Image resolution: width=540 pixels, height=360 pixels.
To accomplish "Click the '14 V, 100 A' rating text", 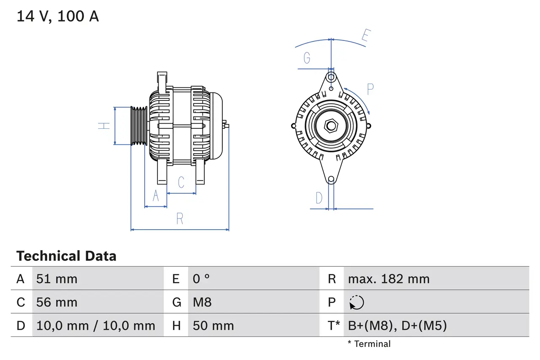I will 58,16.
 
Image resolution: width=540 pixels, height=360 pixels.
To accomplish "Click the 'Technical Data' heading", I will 66,256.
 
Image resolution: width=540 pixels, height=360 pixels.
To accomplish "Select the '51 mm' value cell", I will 57,279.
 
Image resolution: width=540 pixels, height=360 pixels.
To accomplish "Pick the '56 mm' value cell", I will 57,302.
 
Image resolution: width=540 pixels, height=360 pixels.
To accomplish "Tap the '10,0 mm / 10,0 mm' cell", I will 96,325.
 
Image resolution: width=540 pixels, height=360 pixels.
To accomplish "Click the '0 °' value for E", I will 201,279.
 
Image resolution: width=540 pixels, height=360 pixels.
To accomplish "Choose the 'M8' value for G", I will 202,302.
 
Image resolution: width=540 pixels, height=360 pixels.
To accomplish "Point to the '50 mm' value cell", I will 213,325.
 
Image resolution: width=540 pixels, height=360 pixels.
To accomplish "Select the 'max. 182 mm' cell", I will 389,279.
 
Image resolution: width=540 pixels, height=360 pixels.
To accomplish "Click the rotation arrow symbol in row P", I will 356,302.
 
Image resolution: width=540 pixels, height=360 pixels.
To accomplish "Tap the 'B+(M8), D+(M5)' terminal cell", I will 397,325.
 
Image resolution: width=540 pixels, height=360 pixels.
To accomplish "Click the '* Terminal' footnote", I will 369,344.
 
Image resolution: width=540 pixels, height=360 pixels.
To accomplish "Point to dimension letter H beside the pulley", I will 104,126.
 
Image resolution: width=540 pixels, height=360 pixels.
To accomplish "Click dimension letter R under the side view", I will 180,219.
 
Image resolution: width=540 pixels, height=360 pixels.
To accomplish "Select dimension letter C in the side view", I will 181,182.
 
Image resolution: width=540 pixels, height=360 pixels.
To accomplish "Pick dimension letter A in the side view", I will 156,196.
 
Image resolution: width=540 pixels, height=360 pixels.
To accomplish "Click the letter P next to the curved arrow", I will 370,89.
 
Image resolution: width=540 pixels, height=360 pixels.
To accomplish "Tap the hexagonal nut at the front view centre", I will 331,126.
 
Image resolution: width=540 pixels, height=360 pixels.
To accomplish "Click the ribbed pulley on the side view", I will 138,126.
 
